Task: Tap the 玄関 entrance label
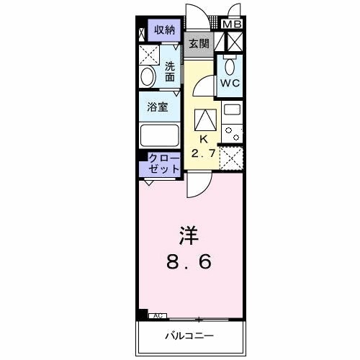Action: pos(199,43)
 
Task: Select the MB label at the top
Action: pos(232,24)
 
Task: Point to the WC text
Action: pos(230,83)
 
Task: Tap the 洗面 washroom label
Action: pos(170,71)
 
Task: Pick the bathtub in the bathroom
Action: pos(158,135)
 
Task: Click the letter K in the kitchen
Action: pos(203,139)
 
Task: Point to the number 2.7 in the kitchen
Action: pos(204,153)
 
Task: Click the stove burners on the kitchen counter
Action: pos(231,132)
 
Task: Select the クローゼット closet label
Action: pos(164,163)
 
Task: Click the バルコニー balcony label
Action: pos(190,336)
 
